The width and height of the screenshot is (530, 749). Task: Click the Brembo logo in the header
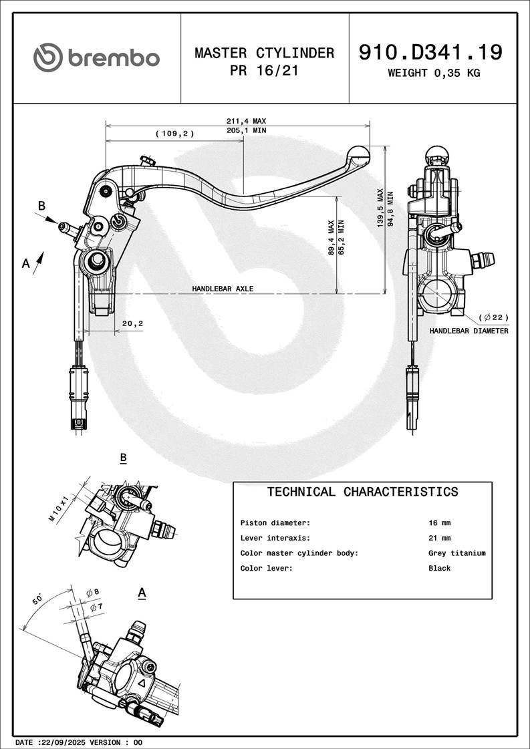click(97, 57)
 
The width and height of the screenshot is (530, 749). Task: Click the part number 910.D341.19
click(430, 52)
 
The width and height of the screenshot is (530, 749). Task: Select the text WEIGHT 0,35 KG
click(434, 73)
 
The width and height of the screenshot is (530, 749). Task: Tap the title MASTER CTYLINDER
click(264, 53)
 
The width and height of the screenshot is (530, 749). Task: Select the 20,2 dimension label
click(132, 323)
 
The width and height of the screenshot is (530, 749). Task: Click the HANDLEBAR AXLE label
click(223, 289)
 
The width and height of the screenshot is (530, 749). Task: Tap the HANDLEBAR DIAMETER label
click(469, 331)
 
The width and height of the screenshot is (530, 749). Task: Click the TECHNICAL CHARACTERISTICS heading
click(362, 492)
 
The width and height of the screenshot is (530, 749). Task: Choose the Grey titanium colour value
click(456, 553)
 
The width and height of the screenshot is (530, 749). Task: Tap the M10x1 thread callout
click(59, 508)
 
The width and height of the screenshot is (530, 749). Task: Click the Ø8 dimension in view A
click(93, 592)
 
